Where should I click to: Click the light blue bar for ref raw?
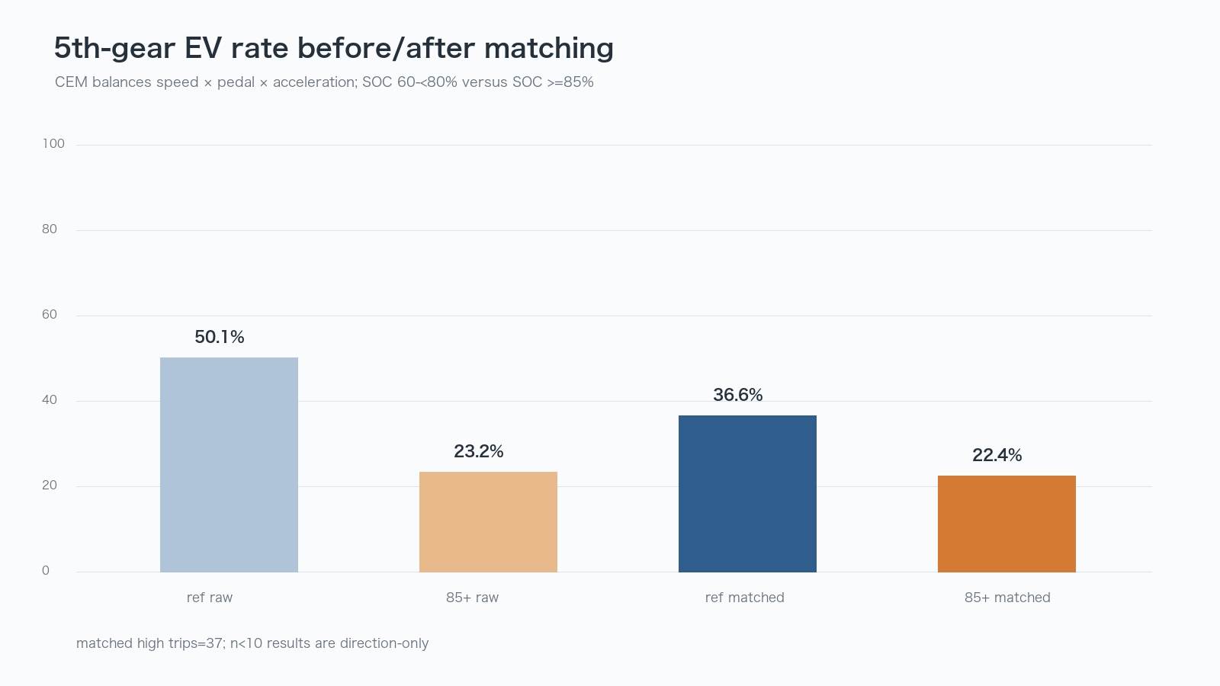(x=229, y=464)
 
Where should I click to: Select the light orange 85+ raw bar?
(x=488, y=521)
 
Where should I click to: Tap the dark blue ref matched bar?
(x=747, y=493)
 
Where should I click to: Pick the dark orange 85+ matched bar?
(x=1006, y=524)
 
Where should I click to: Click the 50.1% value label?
(x=220, y=337)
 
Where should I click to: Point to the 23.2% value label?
(x=479, y=451)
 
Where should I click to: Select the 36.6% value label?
(x=738, y=395)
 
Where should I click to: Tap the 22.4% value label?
(x=997, y=455)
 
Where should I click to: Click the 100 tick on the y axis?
(x=53, y=144)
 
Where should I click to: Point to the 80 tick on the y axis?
(x=50, y=229)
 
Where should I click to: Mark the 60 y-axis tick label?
(x=50, y=315)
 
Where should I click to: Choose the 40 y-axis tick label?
(x=50, y=400)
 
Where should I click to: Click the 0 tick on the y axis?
(x=46, y=571)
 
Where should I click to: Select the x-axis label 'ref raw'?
(x=210, y=598)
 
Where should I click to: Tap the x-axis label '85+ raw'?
(x=472, y=598)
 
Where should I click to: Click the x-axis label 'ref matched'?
(x=744, y=598)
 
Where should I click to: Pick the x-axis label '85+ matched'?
(x=1007, y=598)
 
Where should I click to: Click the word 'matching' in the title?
(x=549, y=49)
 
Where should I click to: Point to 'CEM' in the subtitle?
(x=72, y=82)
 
